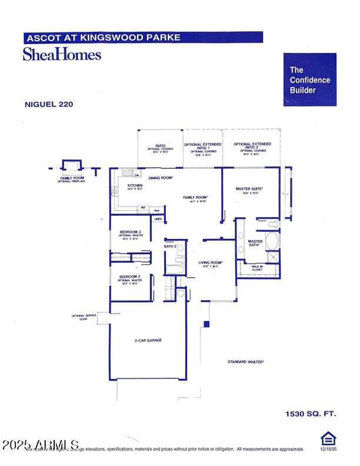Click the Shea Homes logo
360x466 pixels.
point(62,54)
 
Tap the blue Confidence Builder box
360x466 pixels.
point(310,79)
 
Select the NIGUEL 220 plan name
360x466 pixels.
point(49,104)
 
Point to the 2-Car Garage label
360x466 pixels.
point(147,341)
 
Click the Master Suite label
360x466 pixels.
point(249,189)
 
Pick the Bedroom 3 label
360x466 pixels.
point(130,232)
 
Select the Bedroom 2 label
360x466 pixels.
point(130,277)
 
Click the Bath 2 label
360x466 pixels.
point(170,246)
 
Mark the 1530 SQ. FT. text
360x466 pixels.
point(311,414)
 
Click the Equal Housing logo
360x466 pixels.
point(327,438)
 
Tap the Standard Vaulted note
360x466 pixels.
point(246,361)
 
